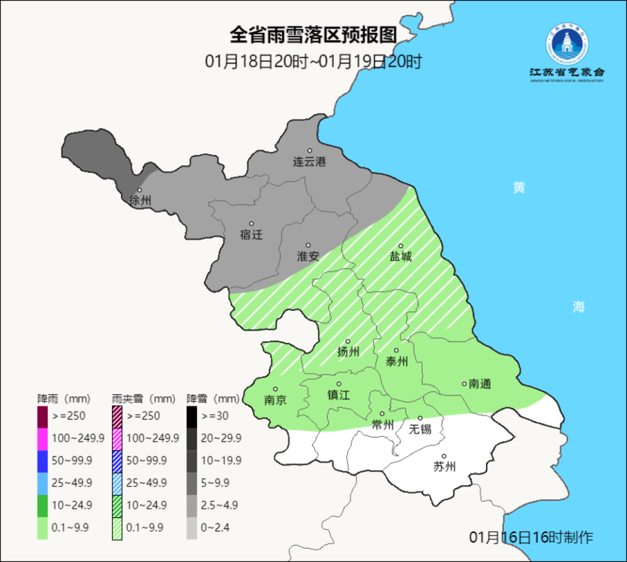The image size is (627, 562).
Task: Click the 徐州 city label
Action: click(x=140, y=201)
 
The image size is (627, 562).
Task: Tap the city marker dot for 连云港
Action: click(x=309, y=151)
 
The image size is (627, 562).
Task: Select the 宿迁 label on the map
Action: click(x=251, y=235)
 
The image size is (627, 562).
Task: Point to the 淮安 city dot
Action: click(x=308, y=245)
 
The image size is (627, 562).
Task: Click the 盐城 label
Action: click(x=400, y=256)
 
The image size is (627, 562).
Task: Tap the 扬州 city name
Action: click(x=348, y=351)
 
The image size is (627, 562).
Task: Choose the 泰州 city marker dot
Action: click(x=397, y=350)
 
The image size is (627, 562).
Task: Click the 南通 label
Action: click(x=480, y=383)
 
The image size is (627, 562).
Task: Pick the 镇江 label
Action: click(x=338, y=394)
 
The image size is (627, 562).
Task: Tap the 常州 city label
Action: click(x=382, y=424)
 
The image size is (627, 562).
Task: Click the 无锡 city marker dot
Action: click(x=420, y=418)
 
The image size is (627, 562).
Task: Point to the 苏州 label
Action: click(x=444, y=466)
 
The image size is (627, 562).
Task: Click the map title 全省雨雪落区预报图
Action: click(x=313, y=35)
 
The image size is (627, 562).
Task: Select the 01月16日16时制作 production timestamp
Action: click(x=531, y=537)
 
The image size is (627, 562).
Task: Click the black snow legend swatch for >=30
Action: click(x=192, y=416)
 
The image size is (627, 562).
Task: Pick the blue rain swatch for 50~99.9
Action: click(x=42, y=461)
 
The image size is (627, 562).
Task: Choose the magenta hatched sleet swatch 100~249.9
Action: click(x=117, y=438)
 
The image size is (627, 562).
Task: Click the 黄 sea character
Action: click(x=518, y=188)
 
